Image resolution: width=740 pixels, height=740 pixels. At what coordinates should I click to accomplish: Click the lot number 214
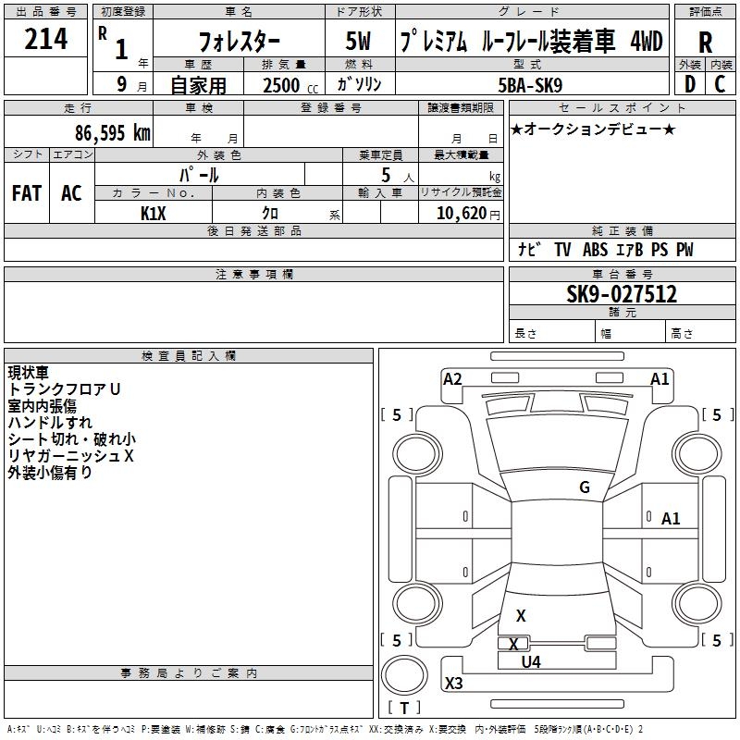pyautogui.click(x=46, y=40)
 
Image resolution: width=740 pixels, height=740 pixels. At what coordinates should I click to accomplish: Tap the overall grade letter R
pyautogui.click(x=705, y=43)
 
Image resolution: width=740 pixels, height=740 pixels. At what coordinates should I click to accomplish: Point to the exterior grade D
pyautogui.click(x=689, y=84)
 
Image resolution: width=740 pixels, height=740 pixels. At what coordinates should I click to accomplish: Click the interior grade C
pyautogui.click(x=720, y=84)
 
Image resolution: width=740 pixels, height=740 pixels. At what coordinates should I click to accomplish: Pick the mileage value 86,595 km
pyautogui.click(x=112, y=133)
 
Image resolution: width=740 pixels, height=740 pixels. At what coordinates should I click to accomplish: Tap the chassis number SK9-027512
pyautogui.click(x=622, y=294)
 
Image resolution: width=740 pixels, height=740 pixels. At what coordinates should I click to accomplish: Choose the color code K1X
pyautogui.click(x=154, y=213)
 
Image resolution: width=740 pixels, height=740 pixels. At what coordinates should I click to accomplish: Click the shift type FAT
pyautogui.click(x=27, y=193)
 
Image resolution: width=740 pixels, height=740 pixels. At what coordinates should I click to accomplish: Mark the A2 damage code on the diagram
pyautogui.click(x=452, y=378)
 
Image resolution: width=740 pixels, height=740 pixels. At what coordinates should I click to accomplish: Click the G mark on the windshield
pyautogui.click(x=585, y=487)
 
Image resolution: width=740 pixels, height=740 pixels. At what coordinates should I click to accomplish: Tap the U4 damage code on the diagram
pyautogui.click(x=531, y=661)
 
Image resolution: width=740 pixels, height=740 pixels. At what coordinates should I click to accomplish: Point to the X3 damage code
pyautogui.click(x=454, y=684)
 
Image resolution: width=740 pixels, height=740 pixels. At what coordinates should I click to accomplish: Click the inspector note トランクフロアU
pyautogui.click(x=64, y=389)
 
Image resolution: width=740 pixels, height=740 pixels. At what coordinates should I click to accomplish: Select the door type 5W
pyautogui.click(x=359, y=42)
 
